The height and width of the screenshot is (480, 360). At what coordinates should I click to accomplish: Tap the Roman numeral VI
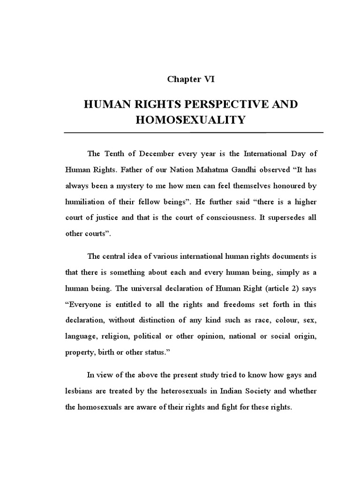coord(208,79)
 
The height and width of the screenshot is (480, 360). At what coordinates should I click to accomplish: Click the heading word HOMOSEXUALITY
coord(191,120)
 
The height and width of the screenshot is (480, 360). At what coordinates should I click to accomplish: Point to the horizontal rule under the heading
coord(194,133)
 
